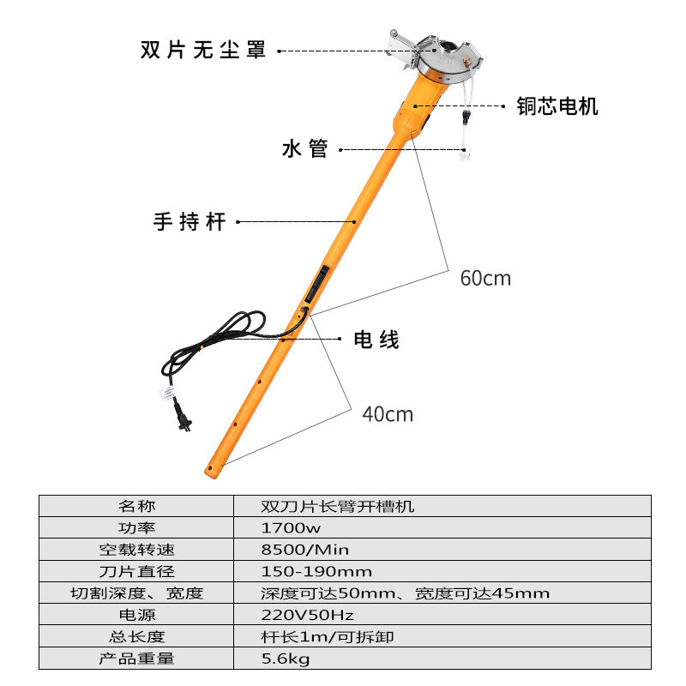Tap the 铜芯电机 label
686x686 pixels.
pyautogui.click(x=557, y=106)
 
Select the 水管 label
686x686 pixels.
pyautogui.click(x=305, y=149)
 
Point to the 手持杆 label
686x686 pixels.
pyautogui.click(x=190, y=222)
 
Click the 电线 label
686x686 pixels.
pyautogui.click(x=376, y=340)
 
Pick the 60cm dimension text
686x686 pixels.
pyautogui.click(x=485, y=279)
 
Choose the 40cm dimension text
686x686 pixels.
pyautogui.click(x=388, y=415)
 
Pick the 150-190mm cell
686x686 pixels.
pyautogui.click(x=304, y=571)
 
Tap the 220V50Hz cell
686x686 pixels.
pyautogui.click(x=296, y=615)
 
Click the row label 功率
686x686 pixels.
pyautogui.click(x=137, y=528)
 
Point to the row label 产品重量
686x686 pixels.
pyautogui.click(x=137, y=659)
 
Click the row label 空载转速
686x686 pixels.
pyautogui.click(x=137, y=550)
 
